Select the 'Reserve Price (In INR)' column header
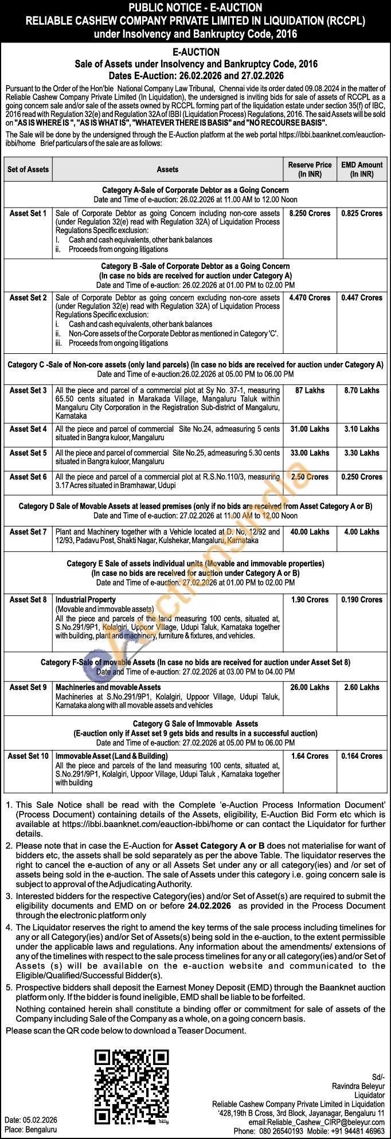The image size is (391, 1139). pos(310,169)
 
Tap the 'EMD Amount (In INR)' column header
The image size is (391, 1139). pos(362,169)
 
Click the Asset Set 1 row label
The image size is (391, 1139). pos(28,213)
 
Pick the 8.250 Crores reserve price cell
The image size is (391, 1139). pos(310,213)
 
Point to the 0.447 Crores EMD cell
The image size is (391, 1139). pos(362,298)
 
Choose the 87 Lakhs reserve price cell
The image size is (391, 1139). pos(310,391)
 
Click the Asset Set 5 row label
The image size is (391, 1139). pos(28,453)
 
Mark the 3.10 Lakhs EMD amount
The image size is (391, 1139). pos(362,429)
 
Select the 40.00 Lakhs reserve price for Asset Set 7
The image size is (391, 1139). pos(310,532)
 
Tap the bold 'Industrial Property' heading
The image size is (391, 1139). pos(85,600)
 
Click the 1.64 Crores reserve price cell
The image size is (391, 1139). pos(310,756)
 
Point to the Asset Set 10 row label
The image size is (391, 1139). pos(28,756)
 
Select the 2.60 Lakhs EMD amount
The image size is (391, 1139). pos(362,687)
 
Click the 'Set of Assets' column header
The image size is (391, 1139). pos(28,169)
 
